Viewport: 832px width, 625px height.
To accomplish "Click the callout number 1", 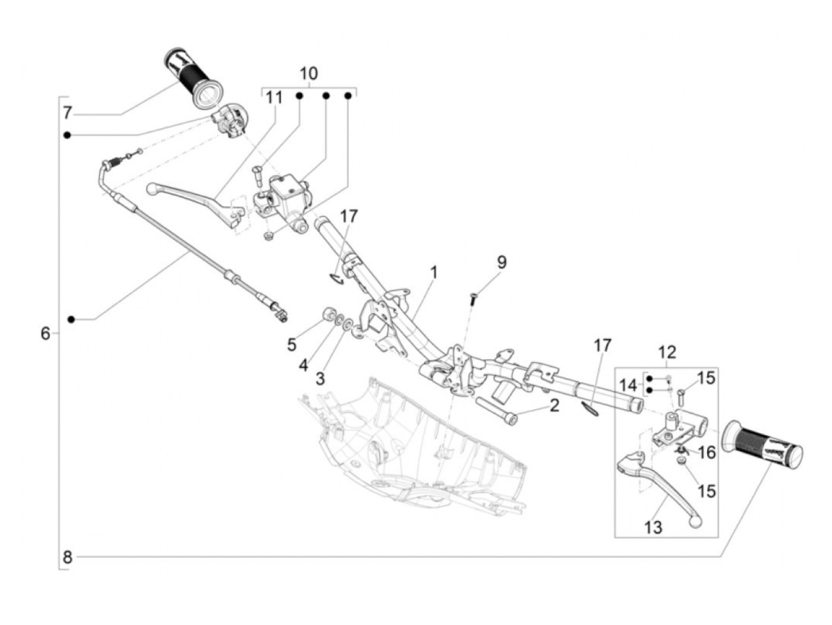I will (x=434, y=273).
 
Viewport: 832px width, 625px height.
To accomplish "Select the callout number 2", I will (x=554, y=406).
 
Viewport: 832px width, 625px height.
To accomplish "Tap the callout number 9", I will (x=502, y=262).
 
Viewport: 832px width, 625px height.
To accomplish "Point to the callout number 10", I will (x=308, y=74).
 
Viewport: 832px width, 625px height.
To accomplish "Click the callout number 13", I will (x=653, y=527).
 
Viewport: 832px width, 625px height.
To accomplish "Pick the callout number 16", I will (x=707, y=453).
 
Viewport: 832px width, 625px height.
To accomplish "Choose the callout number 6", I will (x=46, y=333).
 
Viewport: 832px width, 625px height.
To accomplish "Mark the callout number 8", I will (x=67, y=557).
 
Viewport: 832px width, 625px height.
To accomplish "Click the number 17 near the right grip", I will (x=602, y=345).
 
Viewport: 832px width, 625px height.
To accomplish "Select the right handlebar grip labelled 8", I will (x=761, y=446).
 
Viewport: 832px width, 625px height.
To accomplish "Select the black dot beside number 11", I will (x=300, y=96).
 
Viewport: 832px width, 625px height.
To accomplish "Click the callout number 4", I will (x=304, y=365).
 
